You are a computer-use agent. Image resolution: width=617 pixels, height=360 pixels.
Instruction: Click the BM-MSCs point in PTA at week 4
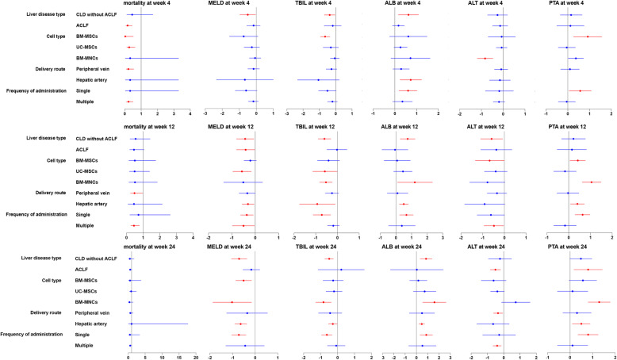click(x=587, y=36)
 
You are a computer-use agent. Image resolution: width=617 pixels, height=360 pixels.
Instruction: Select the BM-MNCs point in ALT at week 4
click(x=485, y=58)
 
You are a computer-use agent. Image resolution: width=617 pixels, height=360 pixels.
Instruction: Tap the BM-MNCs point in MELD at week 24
click(x=232, y=302)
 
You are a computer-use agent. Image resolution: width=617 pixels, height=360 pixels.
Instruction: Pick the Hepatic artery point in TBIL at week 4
click(x=319, y=80)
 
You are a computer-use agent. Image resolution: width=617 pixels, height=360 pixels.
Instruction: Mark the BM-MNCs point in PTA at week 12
click(x=592, y=182)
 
